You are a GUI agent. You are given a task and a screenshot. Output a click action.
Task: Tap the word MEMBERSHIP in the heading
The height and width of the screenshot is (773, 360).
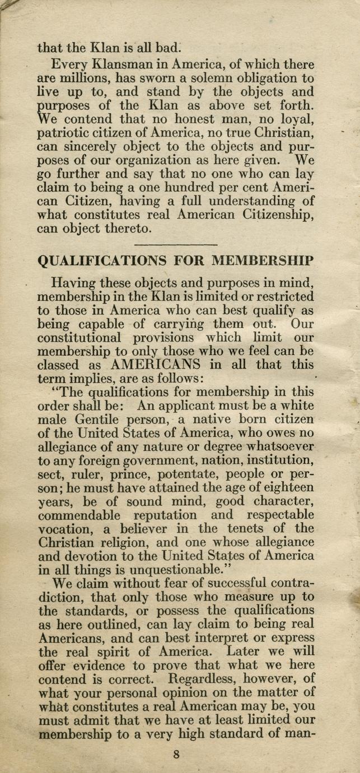[x=263, y=260]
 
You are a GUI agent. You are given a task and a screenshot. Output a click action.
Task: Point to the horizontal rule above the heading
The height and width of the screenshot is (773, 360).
[x=176, y=245]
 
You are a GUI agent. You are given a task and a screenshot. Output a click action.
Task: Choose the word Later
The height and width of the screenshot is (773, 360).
[x=247, y=651]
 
